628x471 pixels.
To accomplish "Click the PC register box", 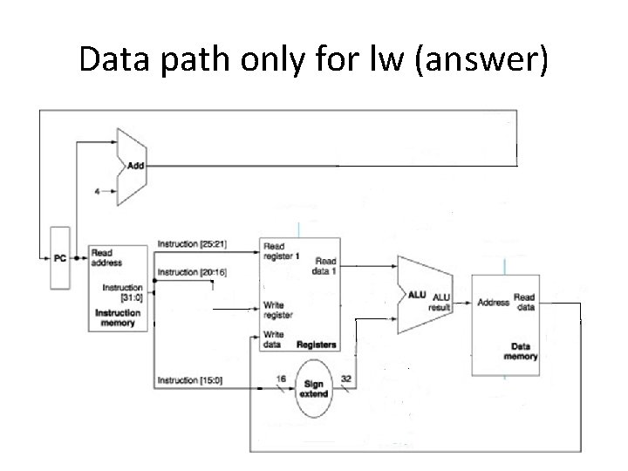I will coord(58,257).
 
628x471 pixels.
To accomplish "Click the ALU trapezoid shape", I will coord(423,295).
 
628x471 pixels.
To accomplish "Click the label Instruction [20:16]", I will coord(192,272).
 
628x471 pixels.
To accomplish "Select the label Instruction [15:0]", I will coord(190,379).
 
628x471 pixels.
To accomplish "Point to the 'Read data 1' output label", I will coord(324,266).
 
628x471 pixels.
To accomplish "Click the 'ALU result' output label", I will coord(439,302).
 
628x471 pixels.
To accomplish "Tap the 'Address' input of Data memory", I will coord(494,303).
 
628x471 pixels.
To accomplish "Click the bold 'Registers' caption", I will coord(315,345).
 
